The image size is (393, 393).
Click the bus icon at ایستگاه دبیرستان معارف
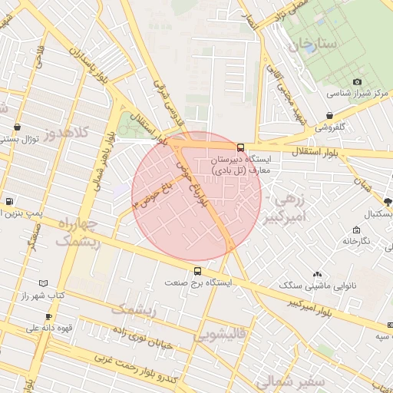[241, 147]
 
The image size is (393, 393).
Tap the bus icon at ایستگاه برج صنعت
[198, 271]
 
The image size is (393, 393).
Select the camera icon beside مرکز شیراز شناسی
[357, 82]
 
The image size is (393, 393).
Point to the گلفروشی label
[331, 127]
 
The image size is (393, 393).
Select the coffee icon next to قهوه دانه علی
[48, 316]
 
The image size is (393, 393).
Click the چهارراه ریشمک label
[78, 233]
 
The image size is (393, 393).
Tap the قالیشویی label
[220, 335]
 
